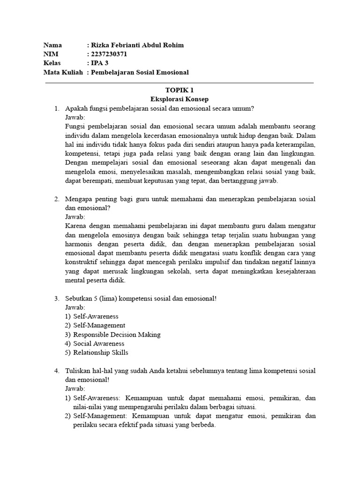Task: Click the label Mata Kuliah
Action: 63,72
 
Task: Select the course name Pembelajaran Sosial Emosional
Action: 140,72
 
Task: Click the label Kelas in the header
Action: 52,63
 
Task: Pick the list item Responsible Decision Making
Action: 117,335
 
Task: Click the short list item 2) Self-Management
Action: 99,325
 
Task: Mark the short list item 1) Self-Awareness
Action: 96,316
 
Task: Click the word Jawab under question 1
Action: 75,118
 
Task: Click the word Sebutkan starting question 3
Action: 80,299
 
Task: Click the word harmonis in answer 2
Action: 80,244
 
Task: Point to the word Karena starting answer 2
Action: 76,226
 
